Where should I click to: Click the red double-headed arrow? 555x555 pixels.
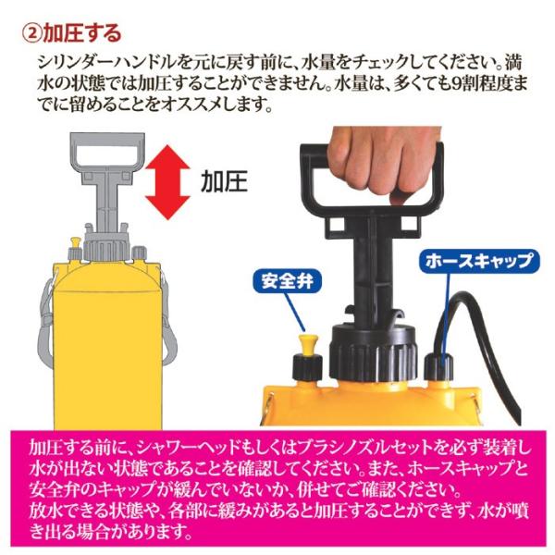(x=167, y=182)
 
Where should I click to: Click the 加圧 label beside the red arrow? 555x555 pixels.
(x=224, y=182)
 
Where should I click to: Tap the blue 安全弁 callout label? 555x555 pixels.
(x=288, y=282)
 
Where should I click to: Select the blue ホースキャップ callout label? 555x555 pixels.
(x=479, y=262)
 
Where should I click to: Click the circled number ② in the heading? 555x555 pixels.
(x=31, y=33)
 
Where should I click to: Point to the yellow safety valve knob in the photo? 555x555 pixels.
(x=308, y=346)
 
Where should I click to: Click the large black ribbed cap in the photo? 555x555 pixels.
(x=373, y=354)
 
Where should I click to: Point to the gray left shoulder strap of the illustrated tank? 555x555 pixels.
(x=45, y=322)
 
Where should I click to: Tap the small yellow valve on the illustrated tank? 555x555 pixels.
(x=76, y=242)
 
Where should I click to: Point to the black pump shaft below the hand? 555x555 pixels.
(x=372, y=269)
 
